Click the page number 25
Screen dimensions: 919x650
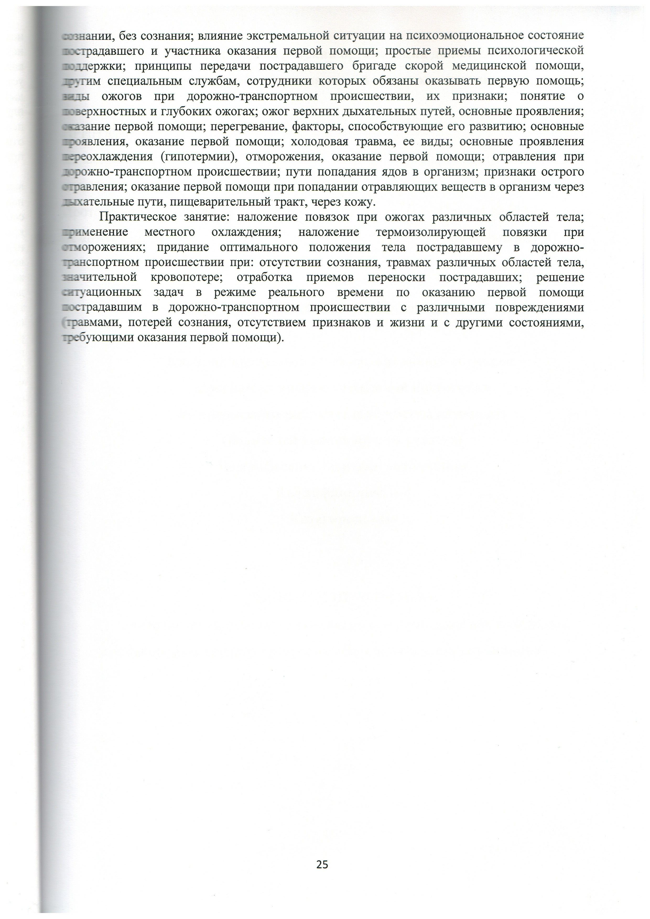(x=322, y=864)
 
